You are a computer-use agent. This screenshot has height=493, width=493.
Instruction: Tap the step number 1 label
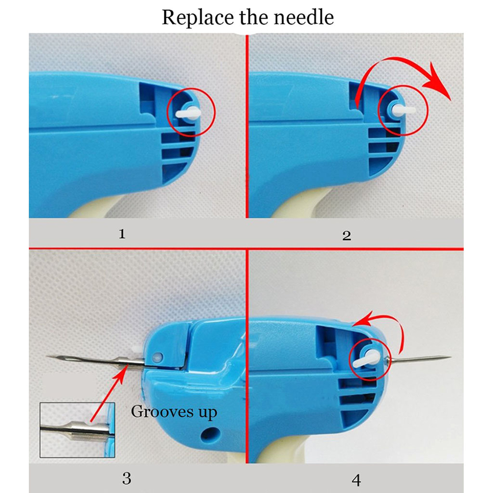tap(122, 234)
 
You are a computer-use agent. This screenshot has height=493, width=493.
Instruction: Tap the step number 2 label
tap(346, 236)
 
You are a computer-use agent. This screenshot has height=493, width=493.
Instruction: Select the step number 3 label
tap(127, 479)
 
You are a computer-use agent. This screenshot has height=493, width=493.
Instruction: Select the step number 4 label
tap(356, 480)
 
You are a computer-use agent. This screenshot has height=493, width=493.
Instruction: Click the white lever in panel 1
tap(188, 113)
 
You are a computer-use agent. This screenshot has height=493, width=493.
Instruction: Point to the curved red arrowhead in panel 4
tap(362, 319)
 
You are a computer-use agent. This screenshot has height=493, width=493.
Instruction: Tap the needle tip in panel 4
tap(451, 357)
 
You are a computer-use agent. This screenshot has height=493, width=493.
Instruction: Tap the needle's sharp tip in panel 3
tap(47, 356)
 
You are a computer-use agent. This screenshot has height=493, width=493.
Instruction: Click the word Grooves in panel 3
tap(162, 411)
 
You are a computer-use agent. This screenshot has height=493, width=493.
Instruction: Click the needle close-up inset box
tap(77, 430)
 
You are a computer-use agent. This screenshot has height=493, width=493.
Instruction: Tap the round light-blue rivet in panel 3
tap(157, 357)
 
